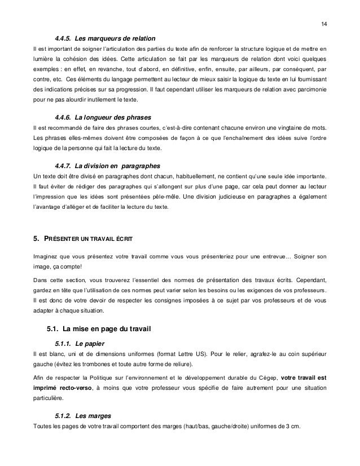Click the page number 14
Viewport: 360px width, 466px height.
tap(323, 24)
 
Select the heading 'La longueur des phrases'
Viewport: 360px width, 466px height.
tap(106, 117)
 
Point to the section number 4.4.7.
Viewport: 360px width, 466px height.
tap(63, 166)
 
